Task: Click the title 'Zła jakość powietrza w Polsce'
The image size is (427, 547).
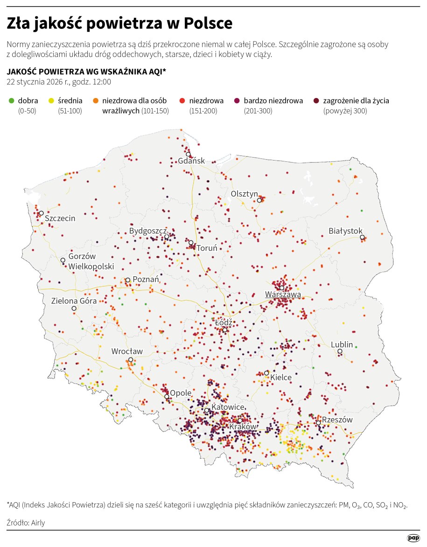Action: click(119, 23)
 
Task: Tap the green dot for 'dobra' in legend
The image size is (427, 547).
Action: click(11, 100)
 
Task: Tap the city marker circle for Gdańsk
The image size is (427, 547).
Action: click(188, 154)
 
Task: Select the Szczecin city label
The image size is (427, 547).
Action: click(60, 218)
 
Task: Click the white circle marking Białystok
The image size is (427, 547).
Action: click(362, 238)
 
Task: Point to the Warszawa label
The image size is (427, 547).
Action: click(283, 295)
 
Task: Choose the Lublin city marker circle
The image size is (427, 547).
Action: click(340, 351)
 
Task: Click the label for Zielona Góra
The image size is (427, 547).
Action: click(74, 301)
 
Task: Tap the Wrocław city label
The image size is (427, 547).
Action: click(127, 351)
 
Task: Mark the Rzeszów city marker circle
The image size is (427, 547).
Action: click(318, 423)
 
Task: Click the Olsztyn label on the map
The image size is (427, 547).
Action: click(245, 194)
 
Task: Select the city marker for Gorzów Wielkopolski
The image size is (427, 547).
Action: click(63, 260)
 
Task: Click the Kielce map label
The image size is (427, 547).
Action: click(281, 377)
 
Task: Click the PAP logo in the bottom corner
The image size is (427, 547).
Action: click(413, 538)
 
